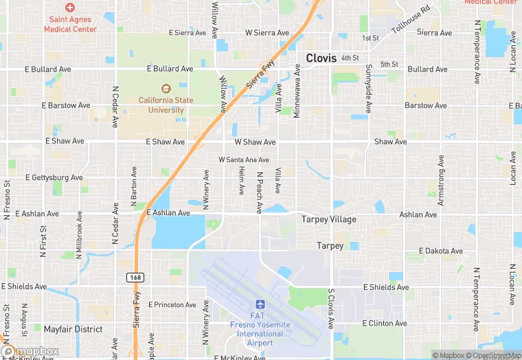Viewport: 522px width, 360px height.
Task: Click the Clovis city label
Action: [x=321, y=58]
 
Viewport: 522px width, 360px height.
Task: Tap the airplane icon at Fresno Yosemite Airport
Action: [x=260, y=304]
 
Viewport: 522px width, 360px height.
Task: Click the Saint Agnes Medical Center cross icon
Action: [x=69, y=6]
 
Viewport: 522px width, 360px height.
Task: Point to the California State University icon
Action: [x=165, y=88]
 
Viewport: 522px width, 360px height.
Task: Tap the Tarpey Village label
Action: [x=329, y=219]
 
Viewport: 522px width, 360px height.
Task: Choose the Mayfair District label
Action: [x=73, y=329]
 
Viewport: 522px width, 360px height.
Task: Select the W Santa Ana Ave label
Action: [x=244, y=159]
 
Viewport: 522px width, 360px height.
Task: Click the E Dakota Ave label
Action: [x=442, y=251]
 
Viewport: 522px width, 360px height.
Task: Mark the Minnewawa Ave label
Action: [x=297, y=91]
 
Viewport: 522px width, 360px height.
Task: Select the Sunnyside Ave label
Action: [x=369, y=89]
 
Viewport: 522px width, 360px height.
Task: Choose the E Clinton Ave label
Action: [x=385, y=323]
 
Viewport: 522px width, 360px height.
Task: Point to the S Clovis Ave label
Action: [x=330, y=308]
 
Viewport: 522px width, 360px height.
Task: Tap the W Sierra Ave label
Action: [x=267, y=32]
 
